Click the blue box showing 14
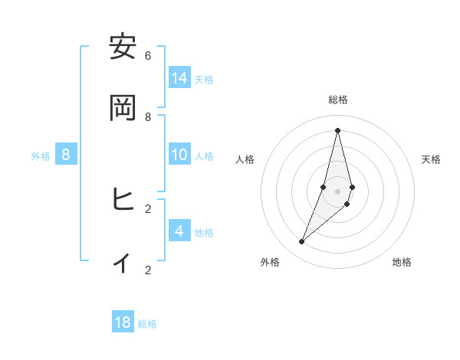[179, 77]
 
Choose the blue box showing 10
[179, 155]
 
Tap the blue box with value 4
[179, 231]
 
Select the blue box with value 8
[66, 155]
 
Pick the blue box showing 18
[123, 322]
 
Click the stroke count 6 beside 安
[148, 55]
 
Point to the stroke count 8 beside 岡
[148, 116]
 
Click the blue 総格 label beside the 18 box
[147, 324]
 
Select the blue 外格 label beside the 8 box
[41, 156]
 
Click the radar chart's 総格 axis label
[338, 100]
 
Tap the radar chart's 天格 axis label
[431, 159]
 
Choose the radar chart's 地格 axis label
[402, 262]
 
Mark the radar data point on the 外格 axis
[302, 242]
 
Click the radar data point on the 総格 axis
[338, 129]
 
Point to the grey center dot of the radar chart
[338, 191]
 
